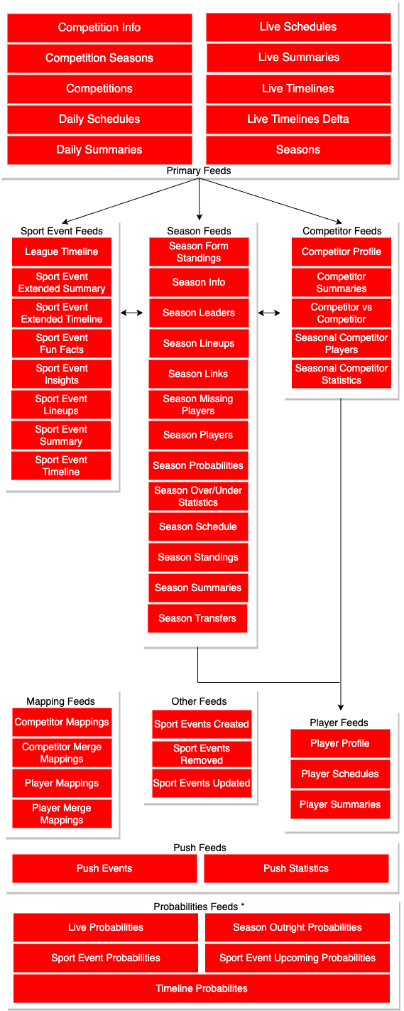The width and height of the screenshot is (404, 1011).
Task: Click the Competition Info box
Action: pos(99,28)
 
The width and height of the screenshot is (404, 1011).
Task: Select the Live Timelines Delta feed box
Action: pos(298,119)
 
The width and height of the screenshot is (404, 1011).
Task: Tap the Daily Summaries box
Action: pos(99,150)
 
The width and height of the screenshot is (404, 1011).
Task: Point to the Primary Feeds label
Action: pos(199,171)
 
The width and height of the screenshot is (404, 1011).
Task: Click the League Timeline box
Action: pos(62,252)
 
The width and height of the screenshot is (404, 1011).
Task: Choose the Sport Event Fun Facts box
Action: pos(62,343)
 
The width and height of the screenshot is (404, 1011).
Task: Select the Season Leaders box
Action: pos(199,313)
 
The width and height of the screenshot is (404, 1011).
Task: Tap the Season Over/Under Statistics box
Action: pos(198,497)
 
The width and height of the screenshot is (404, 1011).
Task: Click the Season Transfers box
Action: pos(197,618)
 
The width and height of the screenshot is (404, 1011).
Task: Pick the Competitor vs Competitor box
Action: pos(342,313)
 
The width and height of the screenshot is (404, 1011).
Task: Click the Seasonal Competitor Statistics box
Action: pos(342,374)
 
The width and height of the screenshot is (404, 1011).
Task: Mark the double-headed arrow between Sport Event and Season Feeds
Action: pos(131,313)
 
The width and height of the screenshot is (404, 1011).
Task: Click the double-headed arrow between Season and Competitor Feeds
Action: pos(269,313)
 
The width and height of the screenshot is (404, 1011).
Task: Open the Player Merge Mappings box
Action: pos(62,813)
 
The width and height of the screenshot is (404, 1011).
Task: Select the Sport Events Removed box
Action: pos(202,755)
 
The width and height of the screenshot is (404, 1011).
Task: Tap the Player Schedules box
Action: pos(340,774)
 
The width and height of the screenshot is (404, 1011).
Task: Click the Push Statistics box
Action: pos(296,868)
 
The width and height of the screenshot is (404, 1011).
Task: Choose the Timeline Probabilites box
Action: pos(202,988)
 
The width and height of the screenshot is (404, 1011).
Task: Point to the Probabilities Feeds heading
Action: pos(199,907)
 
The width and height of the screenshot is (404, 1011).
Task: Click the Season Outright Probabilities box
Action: pos(297,927)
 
